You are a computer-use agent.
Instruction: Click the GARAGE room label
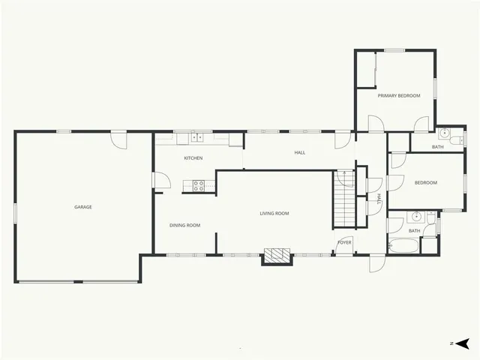click(82, 207)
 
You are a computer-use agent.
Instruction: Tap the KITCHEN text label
click(193, 158)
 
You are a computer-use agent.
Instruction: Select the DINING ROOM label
click(184, 225)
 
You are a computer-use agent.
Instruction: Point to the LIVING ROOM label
click(274, 214)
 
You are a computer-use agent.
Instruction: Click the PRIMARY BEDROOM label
click(398, 96)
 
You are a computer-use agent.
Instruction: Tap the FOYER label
click(344, 242)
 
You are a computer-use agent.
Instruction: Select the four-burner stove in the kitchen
click(199, 184)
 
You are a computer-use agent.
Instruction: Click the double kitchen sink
click(196, 137)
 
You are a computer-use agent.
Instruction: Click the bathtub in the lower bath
click(403, 245)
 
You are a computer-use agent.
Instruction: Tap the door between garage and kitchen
click(156, 181)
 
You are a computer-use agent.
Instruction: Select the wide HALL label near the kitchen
click(300, 153)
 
